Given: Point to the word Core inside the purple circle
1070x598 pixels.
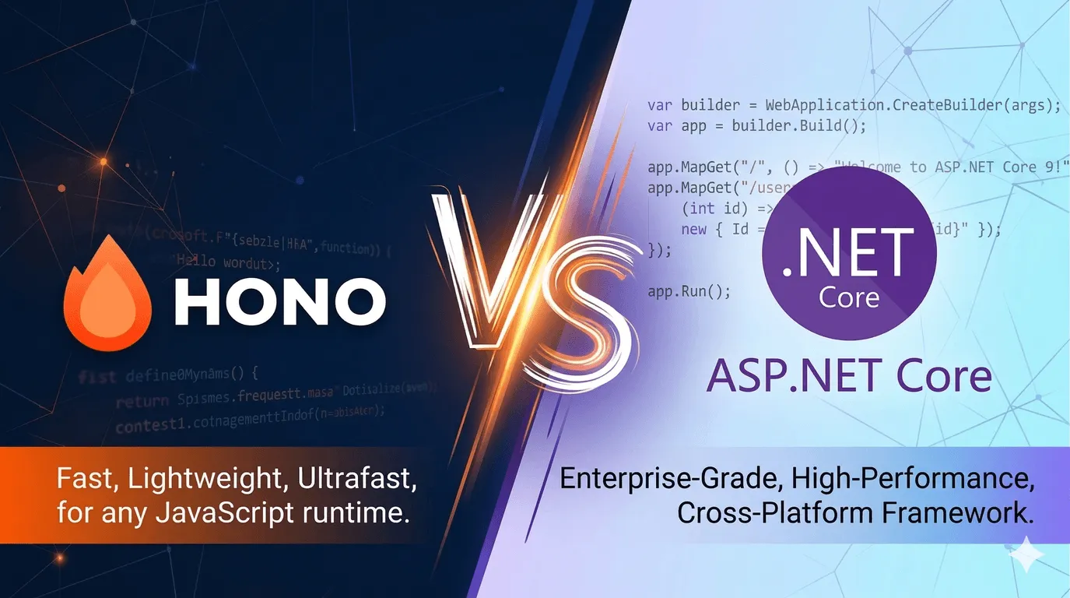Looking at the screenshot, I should coord(849,297).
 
